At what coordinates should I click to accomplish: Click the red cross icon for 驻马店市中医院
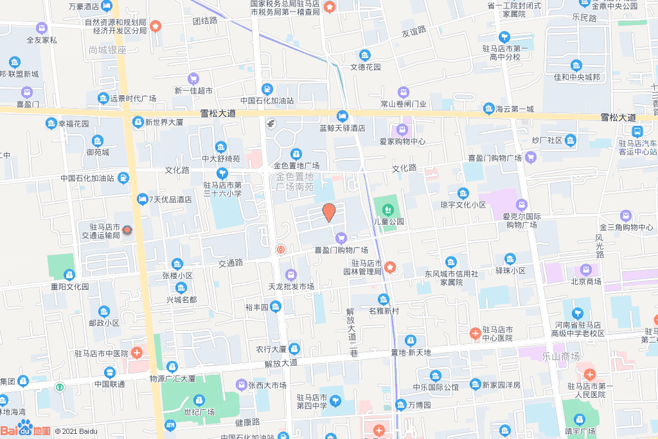(137, 352)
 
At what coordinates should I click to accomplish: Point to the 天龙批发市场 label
(290, 286)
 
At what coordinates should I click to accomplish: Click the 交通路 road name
(230, 263)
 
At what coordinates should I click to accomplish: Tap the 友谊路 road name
(414, 31)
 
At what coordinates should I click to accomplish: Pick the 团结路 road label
(205, 21)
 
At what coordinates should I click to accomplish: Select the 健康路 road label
(247, 422)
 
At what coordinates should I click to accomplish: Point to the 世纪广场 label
(199, 411)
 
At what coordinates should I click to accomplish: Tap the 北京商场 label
(585, 281)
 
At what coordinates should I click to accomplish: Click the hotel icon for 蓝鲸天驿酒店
(342, 116)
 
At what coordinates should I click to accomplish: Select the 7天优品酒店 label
(170, 199)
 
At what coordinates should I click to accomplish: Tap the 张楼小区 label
(177, 275)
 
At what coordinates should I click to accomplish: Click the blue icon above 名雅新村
(384, 299)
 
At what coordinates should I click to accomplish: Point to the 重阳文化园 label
(70, 287)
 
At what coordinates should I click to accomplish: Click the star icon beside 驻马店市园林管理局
(390, 266)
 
